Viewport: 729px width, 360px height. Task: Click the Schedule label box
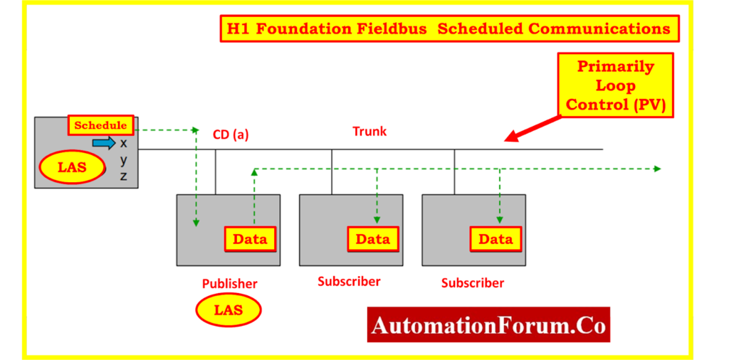click(101, 125)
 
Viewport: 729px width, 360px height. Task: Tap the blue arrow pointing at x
click(104, 143)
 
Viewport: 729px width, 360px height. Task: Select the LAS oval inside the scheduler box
click(73, 169)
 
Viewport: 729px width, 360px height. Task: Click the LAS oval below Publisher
click(229, 310)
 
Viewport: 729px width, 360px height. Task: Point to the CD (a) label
click(231, 134)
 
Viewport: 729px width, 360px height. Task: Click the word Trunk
click(369, 132)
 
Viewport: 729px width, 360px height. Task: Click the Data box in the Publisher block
click(250, 239)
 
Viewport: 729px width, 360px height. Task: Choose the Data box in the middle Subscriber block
click(372, 239)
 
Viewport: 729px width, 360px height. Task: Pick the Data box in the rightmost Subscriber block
click(495, 239)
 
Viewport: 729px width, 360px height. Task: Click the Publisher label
click(229, 284)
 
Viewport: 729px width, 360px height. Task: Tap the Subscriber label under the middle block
click(349, 281)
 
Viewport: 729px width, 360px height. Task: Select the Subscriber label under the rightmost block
click(472, 283)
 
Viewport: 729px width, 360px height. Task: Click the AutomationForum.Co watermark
click(488, 326)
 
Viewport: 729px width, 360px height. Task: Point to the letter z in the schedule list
click(124, 176)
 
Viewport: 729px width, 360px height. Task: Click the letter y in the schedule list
click(124, 160)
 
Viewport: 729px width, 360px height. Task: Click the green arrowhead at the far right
click(657, 169)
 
